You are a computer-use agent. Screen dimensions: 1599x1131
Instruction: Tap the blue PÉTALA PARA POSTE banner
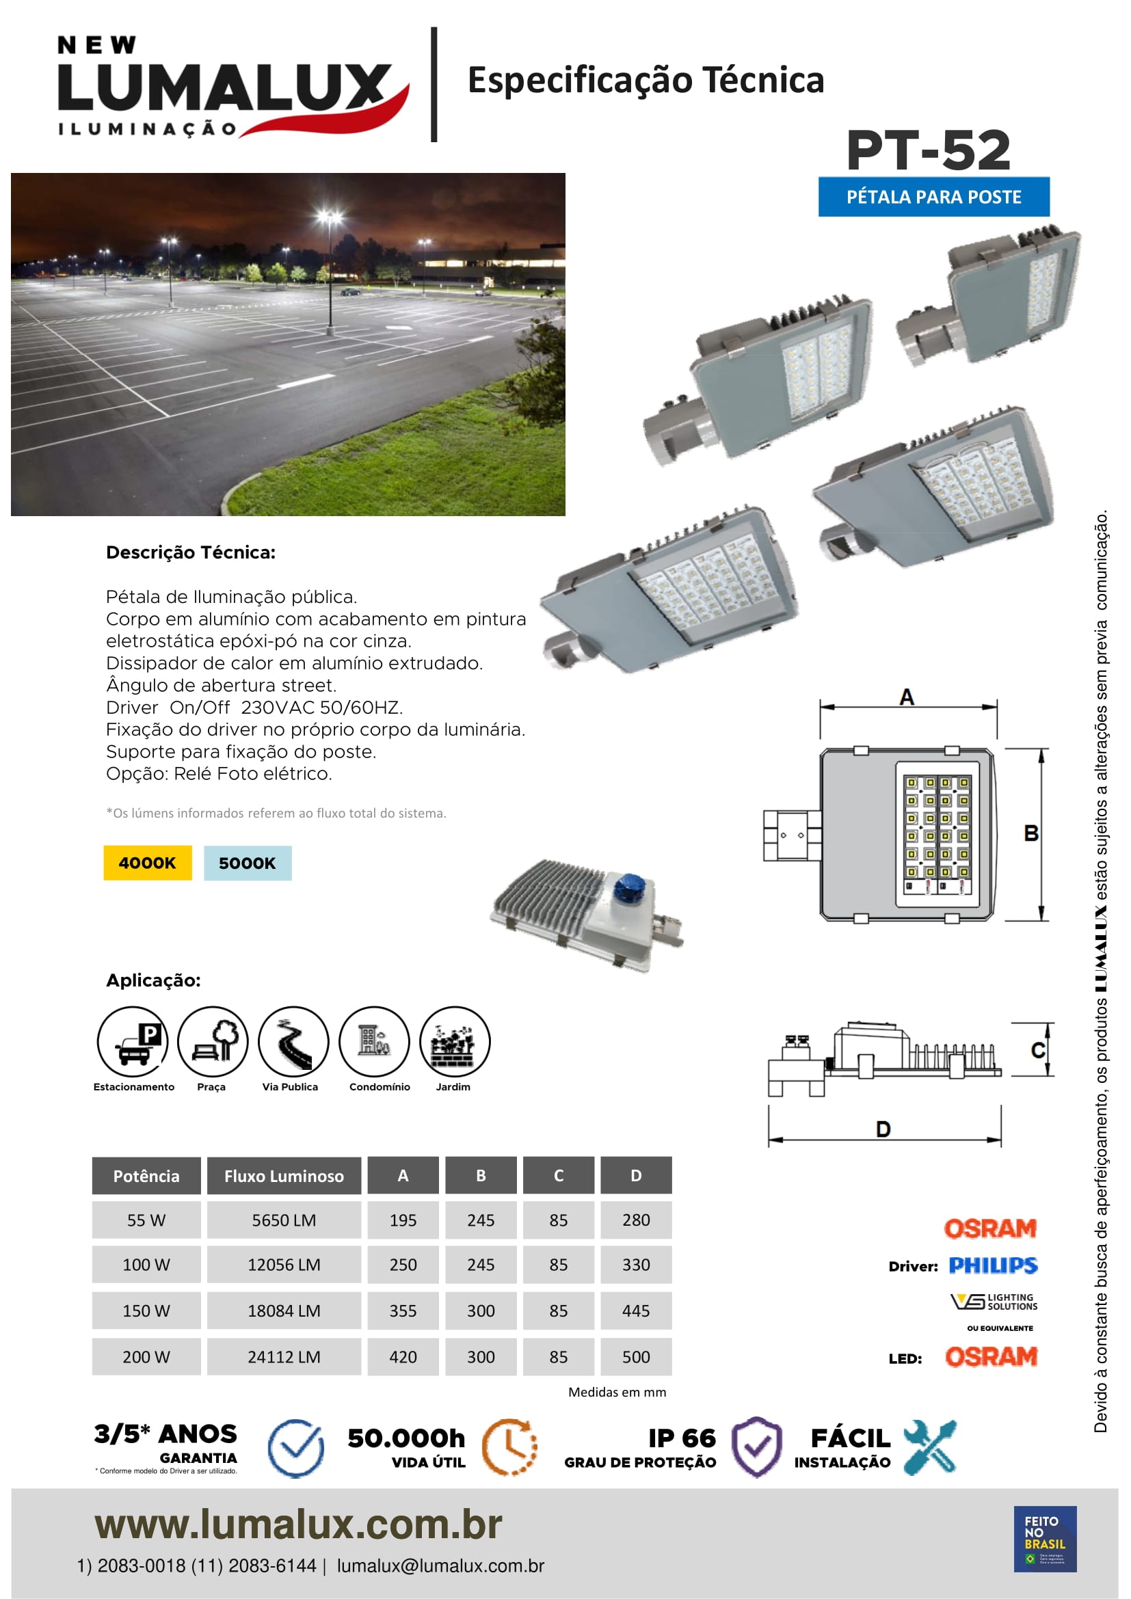click(933, 197)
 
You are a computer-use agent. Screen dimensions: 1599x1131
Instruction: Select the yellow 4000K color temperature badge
click(147, 863)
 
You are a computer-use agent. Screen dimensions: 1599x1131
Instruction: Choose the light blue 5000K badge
click(248, 863)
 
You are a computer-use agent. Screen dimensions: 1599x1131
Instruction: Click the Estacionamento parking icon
click(133, 1042)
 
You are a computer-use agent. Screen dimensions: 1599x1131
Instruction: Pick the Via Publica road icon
click(293, 1042)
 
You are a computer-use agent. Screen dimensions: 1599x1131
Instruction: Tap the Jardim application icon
click(455, 1042)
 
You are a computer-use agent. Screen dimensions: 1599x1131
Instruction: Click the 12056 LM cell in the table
click(284, 1265)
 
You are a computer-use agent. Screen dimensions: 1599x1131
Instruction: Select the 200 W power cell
click(146, 1356)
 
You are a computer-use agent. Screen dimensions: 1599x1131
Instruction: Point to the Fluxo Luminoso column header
click(284, 1177)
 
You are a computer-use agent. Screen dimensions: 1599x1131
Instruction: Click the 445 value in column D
click(636, 1311)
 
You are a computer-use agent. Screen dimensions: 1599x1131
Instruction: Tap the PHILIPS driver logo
click(993, 1265)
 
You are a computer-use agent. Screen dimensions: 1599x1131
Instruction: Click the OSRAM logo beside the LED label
click(991, 1356)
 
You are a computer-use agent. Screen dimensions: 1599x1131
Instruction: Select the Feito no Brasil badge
click(1045, 1538)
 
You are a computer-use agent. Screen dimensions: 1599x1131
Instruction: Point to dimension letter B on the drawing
click(1030, 833)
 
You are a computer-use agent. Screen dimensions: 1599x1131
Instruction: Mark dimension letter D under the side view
click(883, 1129)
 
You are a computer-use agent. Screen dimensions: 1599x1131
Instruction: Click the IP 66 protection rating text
click(682, 1438)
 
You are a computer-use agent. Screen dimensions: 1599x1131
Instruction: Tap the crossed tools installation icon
click(930, 1447)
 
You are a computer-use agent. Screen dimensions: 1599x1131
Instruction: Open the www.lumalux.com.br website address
click(298, 1524)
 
